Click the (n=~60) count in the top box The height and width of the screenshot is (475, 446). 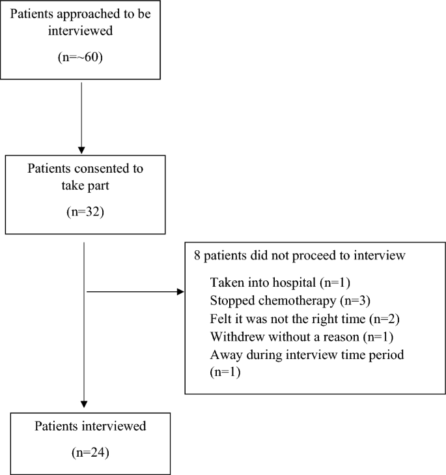coord(81,57)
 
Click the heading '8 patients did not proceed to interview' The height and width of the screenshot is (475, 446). coord(300,256)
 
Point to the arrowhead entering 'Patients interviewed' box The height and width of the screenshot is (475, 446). coord(85,405)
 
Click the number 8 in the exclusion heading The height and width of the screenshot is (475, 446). coord(197,256)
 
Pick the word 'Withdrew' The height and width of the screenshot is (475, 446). coord(232,337)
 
